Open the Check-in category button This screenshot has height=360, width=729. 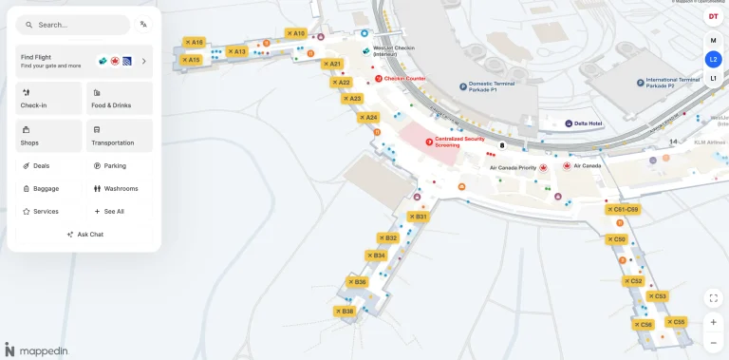tap(48, 98)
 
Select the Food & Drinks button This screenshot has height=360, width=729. tap(120, 98)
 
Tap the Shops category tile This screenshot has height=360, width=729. tap(48, 136)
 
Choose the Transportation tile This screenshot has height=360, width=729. tap(120, 136)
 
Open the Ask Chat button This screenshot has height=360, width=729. tap(84, 234)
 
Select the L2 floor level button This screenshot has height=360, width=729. tap(713, 59)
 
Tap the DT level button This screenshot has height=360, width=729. tap(713, 16)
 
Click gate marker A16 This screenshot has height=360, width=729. tap(194, 42)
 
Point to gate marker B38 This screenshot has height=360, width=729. tap(344, 312)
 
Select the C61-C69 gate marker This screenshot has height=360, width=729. tap(623, 209)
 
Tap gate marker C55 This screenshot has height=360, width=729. tap(675, 322)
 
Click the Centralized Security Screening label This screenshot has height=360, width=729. tap(458, 142)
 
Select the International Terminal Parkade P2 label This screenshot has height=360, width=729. tap(672, 83)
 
